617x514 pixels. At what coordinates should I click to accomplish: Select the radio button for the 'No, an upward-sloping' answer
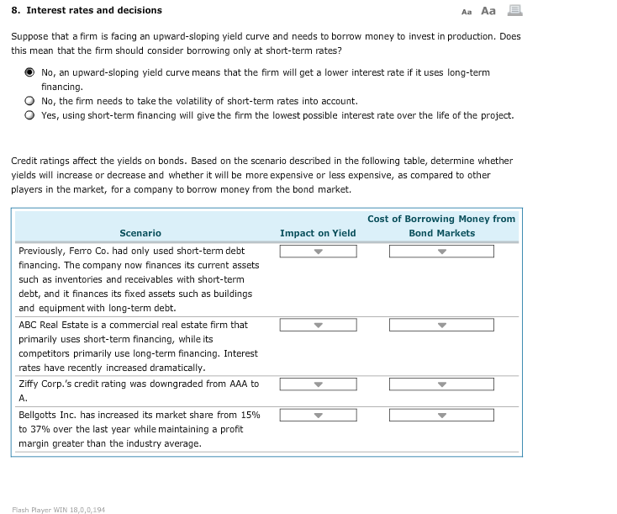click(29, 72)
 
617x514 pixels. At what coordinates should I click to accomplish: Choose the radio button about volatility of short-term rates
click(29, 101)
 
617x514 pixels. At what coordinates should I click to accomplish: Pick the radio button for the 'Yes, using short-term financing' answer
click(29, 115)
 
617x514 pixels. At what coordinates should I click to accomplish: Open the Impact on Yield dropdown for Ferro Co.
click(318, 252)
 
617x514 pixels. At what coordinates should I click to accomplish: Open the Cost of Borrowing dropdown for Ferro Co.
click(441, 252)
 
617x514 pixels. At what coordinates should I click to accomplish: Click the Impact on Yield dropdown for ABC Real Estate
click(318, 326)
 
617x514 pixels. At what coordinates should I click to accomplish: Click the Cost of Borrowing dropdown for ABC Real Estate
click(441, 326)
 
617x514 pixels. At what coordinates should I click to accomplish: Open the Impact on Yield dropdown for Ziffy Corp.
click(318, 384)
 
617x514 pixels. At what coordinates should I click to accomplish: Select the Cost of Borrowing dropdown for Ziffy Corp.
click(441, 384)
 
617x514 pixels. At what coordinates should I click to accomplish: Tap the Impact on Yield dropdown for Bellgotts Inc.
click(318, 415)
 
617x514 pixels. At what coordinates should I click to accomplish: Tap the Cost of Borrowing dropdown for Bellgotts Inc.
click(441, 415)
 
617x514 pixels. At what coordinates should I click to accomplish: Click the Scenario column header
click(140, 233)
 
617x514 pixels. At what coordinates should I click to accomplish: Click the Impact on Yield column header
click(318, 233)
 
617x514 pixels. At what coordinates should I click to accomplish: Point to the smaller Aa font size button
click(467, 12)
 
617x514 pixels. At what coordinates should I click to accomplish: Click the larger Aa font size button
click(488, 11)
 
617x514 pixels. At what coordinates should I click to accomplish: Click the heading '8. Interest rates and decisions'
click(87, 11)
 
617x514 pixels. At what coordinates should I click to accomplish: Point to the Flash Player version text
click(58, 509)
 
